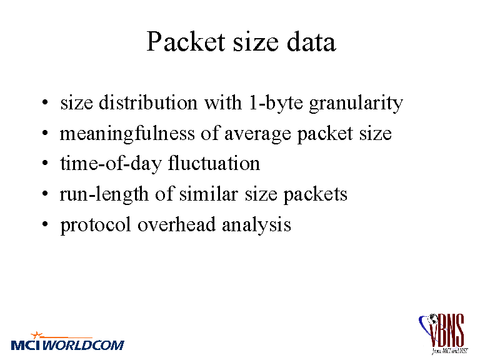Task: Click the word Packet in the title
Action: (186, 41)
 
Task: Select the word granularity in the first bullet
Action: (356, 103)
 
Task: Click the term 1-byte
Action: (276, 103)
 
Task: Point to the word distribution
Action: (148, 102)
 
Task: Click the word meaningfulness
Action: (127, 134)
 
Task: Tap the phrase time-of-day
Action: (111, 164)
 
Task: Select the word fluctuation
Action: (214, 163)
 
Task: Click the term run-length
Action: (104, 194)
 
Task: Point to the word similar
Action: (209, 194)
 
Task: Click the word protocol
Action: (96, 225)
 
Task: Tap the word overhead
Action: (177, 224)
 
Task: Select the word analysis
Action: (256, 225)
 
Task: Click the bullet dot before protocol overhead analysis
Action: (45, 225)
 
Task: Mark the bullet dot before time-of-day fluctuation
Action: (45, 164)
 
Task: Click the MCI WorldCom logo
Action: (67, 341)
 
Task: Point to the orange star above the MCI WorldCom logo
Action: (36, 335)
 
